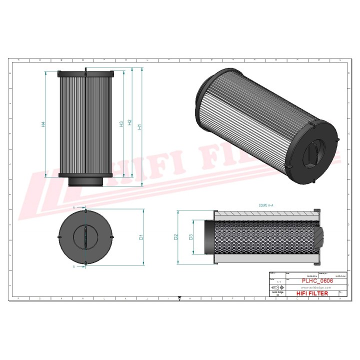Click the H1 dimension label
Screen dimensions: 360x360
[x=140, y=126]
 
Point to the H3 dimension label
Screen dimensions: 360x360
[x=121, y=123]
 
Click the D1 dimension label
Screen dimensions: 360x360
[x=141, y=236]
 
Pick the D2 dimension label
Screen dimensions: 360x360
[x=176, y=236]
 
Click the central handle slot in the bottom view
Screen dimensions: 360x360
[x=85, y=236]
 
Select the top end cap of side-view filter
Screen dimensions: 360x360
[x=90, y=74]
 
